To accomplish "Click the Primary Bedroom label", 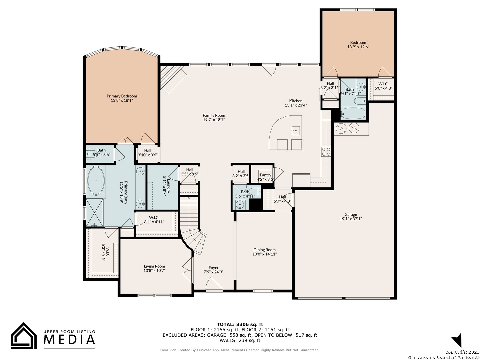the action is point(122,96).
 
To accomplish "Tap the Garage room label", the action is point(351,214).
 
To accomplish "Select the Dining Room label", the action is point(264,250).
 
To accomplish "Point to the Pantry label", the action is point(265,175).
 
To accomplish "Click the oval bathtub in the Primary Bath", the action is point(96,181).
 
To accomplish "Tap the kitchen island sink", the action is point(295,131).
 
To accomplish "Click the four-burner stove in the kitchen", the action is point(326,152).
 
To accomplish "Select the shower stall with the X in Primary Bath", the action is point(94,212).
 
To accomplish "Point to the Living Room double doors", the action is point(188,270).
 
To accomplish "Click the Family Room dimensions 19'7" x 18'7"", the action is point(214,120).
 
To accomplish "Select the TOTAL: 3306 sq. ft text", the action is point(240,324).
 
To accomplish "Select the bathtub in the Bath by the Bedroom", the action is point(353,113).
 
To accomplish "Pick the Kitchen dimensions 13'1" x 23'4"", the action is point(296,105).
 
